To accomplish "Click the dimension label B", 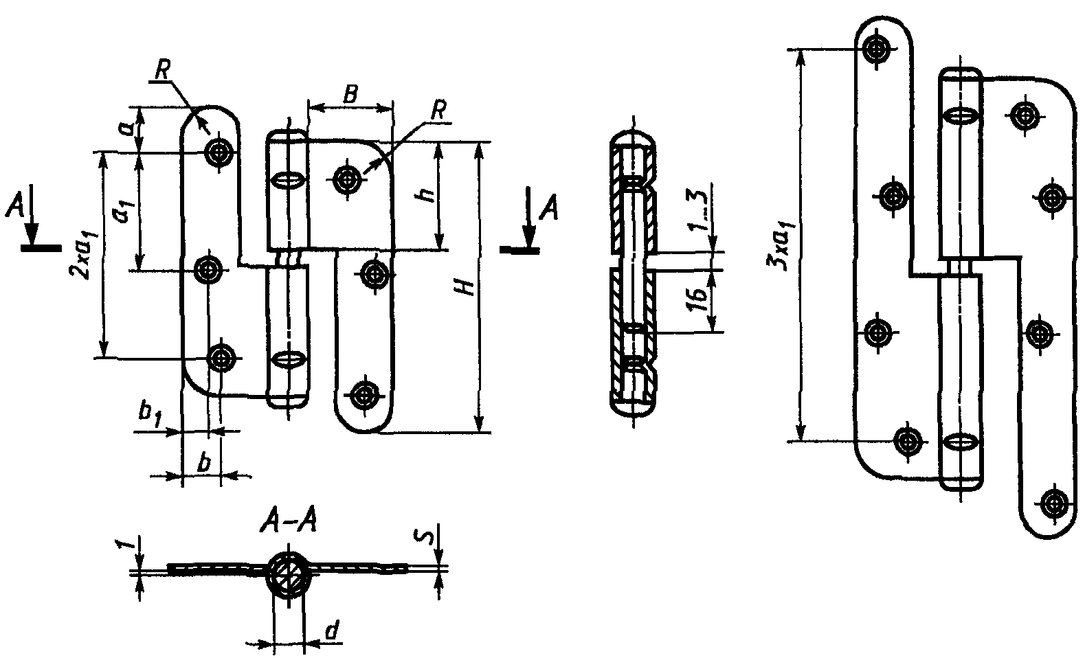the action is click(x=350, y=94).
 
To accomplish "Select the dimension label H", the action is click(x=465, y=286).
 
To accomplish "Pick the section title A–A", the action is click(x=289, y=523).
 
